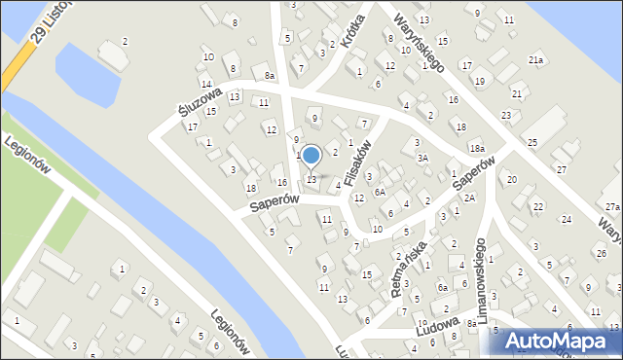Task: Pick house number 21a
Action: (535, 60)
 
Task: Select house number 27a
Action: (611, 207)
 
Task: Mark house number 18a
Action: (476, 148)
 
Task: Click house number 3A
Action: (421, 158)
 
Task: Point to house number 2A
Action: (468, 198)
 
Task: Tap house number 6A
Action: (381, 192)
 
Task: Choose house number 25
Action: (531, 143)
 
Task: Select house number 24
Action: (566, 219)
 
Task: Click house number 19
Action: (479, 81)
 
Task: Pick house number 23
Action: (506, 116)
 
